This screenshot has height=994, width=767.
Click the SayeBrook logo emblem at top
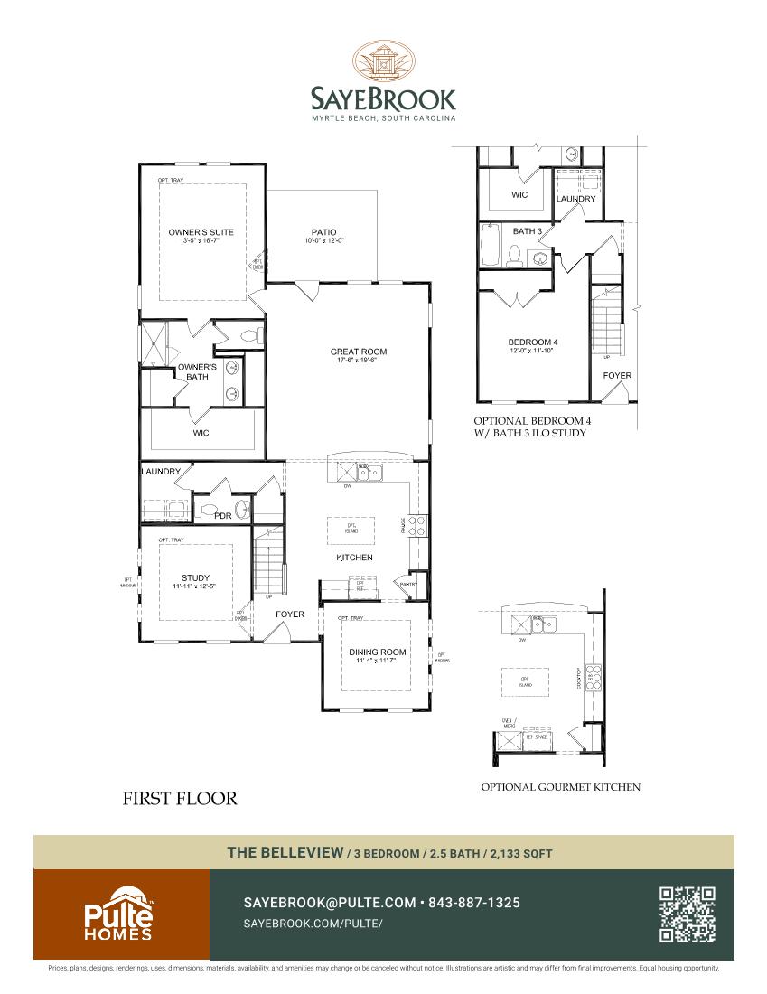click(384, 61)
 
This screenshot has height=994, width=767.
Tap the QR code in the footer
click(687, 914)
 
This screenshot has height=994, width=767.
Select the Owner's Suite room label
click(201, 232)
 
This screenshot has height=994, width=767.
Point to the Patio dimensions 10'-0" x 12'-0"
click(324, 241)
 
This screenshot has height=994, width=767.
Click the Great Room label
click(359, 352)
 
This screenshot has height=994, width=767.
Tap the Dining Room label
click(378, 652)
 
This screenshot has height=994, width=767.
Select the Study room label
click(195, 577)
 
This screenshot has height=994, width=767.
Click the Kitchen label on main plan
click(354, 558)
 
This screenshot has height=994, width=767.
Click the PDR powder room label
click(222, 516)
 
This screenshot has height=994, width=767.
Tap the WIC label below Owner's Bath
click(201, 433)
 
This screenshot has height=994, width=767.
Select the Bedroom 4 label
click(532, 342)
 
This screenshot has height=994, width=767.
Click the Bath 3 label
click(528, 231)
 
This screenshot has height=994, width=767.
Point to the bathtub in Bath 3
click(489, 245)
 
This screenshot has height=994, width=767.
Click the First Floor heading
click(179, 798)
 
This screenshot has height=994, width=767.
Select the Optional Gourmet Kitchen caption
click(560, 787)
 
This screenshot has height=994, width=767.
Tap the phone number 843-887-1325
click(473, 903)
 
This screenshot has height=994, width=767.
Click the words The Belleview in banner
click(285, 852)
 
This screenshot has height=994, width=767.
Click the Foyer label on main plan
click(290, 614)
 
